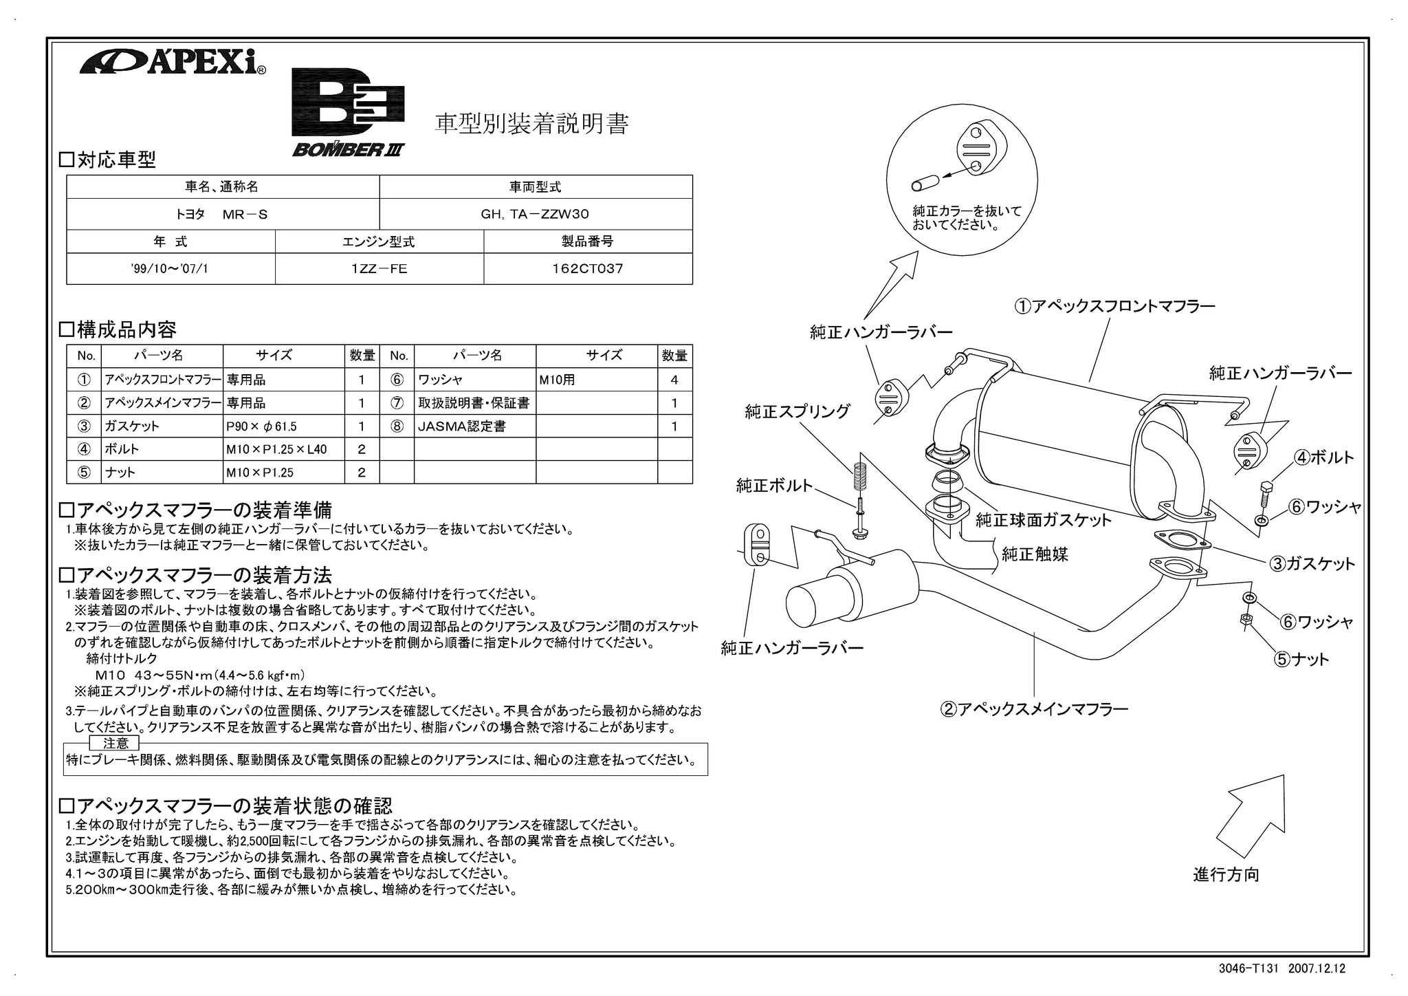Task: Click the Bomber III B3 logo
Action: tap(349, 112)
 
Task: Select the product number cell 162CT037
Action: tap(588, 269)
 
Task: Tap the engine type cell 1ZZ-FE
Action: tap(379, 269)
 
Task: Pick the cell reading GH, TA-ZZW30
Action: tap(536, 214)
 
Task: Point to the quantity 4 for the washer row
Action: tap(674, 380)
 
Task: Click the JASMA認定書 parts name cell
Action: tap(475, 426)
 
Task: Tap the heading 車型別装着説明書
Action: tap(531, 124)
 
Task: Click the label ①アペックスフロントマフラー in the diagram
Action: tap(1114, 306)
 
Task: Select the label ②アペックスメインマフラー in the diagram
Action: tap(1034, 708)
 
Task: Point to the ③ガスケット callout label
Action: tap(1312, 564)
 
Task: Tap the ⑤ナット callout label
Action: tap(1301, 660)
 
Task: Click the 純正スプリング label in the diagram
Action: tap(797, 412)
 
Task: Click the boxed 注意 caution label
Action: tap(115, 744)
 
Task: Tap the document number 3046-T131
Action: tap(1248, 968)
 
